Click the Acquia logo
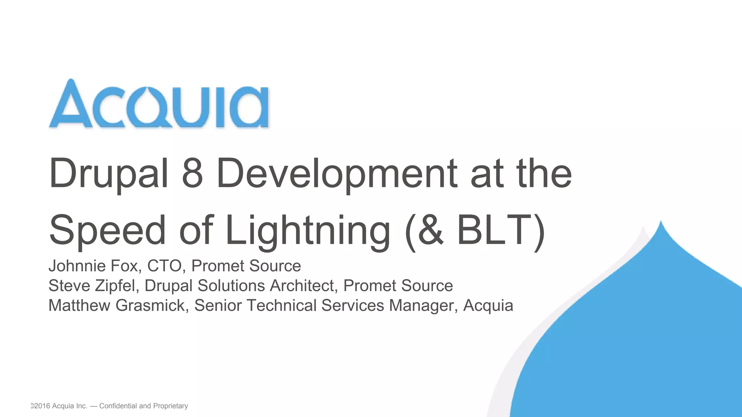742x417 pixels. (159, 104)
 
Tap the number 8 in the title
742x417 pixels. (192, 174)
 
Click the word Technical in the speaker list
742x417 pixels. (282, 306)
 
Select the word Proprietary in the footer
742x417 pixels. (170, 406)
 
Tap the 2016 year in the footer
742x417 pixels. (42, 406)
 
